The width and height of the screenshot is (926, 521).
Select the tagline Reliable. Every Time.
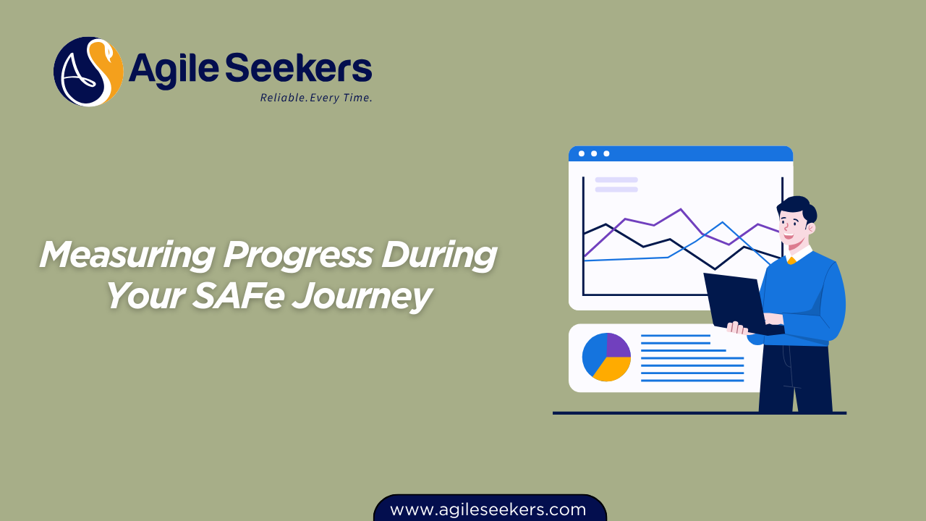click(x=316, y=98)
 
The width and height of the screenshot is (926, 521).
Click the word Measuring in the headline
click(x=126, y=255)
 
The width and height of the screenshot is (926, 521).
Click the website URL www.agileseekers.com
click(x=488, y=509)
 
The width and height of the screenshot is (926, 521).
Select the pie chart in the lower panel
click(x=606, y=357)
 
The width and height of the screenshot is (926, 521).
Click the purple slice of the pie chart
click(x=618, y=344)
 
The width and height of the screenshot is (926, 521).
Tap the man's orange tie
click(x=791, y=260)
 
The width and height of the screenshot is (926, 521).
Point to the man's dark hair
click(x=799, y=206)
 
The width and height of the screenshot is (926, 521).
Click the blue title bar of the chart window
click(x=680, y=153)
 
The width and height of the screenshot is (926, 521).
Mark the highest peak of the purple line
click(x=681, y=210)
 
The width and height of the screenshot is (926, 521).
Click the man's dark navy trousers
click(x=794, y=380)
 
